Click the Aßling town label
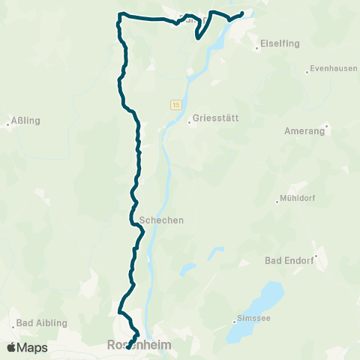click(26, 120)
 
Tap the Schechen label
click(161, 220)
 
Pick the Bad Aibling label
click(43, 322)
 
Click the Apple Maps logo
click(27, 347)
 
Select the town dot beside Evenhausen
click(307, 72)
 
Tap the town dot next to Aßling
click(8, 125)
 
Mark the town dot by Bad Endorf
click(316, 256)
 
